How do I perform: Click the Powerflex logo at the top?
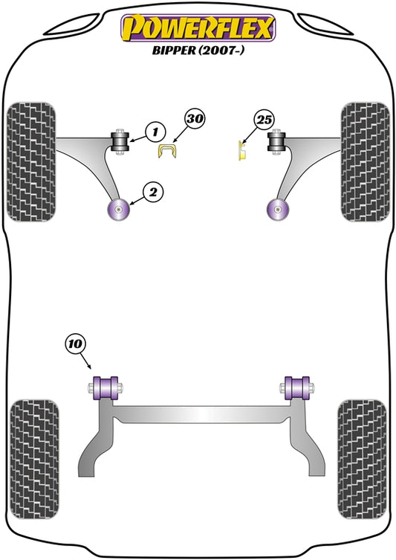coord(198,28)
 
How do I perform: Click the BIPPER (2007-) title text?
coord(198,50)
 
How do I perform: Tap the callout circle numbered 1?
coord(155,132)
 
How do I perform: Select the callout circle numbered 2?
coord(153,192)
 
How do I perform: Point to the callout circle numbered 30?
coord(195,118)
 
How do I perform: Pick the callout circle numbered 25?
coord(264,120)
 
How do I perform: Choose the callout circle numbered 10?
coord(75,344)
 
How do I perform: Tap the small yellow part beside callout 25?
coord(243,150)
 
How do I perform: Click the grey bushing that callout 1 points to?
coord(120,141)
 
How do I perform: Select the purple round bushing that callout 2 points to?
coord(118,210)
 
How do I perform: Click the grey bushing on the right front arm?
coord(276,141)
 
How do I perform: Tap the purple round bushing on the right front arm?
coord(278,210)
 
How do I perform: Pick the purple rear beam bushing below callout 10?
coord(106,388)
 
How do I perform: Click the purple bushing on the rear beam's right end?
coord(297,388)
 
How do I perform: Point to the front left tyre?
coord(31,162)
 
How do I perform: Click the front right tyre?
coord(366,162)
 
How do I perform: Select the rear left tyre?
coord(34,460)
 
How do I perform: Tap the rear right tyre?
coord(362,460)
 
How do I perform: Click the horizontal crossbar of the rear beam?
coord(201,415)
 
